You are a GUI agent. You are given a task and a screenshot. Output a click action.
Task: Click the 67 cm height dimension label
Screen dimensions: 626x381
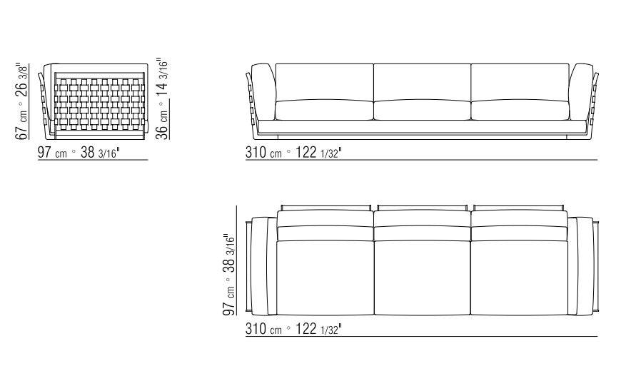pyautogui.click(x=22, y=101)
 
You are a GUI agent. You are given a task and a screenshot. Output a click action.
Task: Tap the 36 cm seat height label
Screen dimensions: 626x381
pyautogui.click(x=162, y=98)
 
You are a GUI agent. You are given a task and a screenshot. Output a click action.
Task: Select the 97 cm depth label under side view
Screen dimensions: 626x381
pyautogui.click(x=79, y=153)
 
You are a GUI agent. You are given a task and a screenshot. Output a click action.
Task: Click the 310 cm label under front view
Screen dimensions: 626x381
pyautogui.click(x=293, y=153)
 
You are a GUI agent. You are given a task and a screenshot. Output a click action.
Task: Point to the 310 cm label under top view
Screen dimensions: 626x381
pyautogui.click(x=293, y=329)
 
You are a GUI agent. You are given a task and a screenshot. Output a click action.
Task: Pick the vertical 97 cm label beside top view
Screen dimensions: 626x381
pyautogui.click(x=229, y=275)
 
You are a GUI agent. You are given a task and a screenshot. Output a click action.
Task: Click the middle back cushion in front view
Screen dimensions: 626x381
pyautogui.click(x=423, y=82)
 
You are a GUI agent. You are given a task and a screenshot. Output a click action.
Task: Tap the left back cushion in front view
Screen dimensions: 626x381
pyautogui.click(x=325, y=82)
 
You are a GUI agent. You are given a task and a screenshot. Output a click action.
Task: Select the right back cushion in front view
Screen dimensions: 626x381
pyautogui.click(x=520, y=82)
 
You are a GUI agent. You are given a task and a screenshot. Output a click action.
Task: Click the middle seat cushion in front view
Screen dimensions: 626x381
pyautogui.click(x=423, y=110)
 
